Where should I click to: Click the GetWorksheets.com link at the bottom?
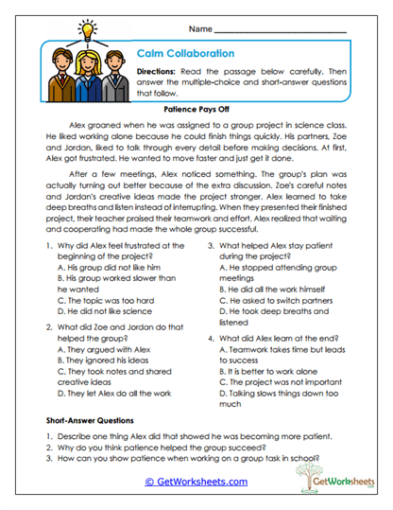[196, 481]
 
